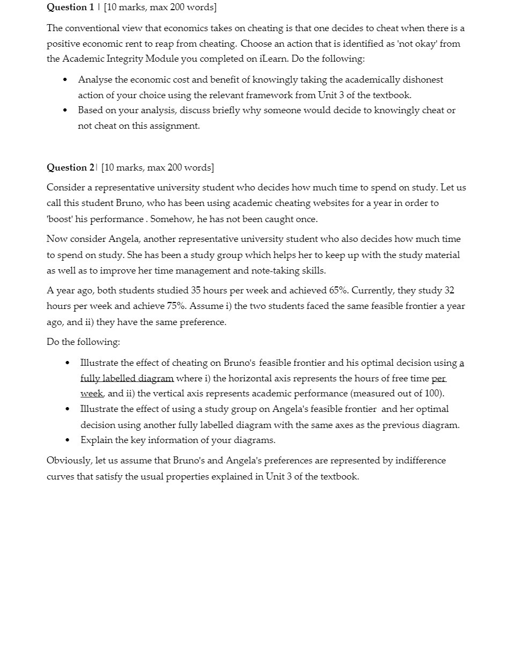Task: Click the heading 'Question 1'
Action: [x=70, y=7]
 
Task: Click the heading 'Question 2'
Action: [x=70, y=167]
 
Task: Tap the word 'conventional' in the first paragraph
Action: [x=94, y=28]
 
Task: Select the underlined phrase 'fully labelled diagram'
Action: [x=127, y=378]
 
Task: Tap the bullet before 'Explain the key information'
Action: [x=67, y=440]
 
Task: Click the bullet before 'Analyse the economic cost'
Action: [x=65, y=80]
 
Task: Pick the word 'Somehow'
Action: [x=171, y=219]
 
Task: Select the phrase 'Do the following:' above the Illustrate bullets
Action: [x=83, y=342]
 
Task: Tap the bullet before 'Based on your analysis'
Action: [x=65, y=110]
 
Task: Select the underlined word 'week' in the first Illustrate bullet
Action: [x=91, y=393]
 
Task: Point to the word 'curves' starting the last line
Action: [x=61, y=476]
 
